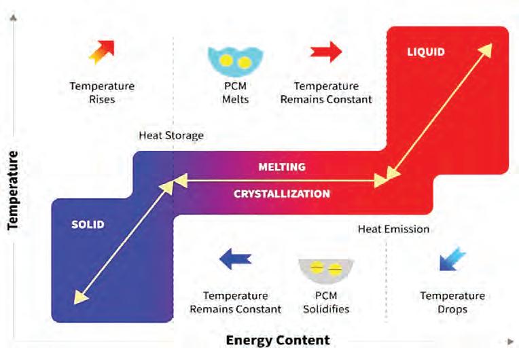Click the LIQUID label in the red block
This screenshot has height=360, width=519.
point(425,52)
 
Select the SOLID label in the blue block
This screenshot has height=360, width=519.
point(88,224)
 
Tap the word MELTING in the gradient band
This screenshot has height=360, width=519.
point(282,166)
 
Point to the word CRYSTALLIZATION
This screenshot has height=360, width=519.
point(282,194)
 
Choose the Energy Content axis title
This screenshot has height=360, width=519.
point(278,340)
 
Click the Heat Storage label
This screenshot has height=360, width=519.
point(171,135)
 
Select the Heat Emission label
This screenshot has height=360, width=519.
point(393,229)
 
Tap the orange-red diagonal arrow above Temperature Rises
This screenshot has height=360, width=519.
point(102,52)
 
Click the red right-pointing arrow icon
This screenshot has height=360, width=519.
point(326,52)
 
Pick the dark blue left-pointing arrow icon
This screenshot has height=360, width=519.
point(236,258)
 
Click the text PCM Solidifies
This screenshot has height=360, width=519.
point(326,302)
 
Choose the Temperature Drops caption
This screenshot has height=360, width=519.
point(452,302)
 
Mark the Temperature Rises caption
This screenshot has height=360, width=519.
point(102,93)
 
